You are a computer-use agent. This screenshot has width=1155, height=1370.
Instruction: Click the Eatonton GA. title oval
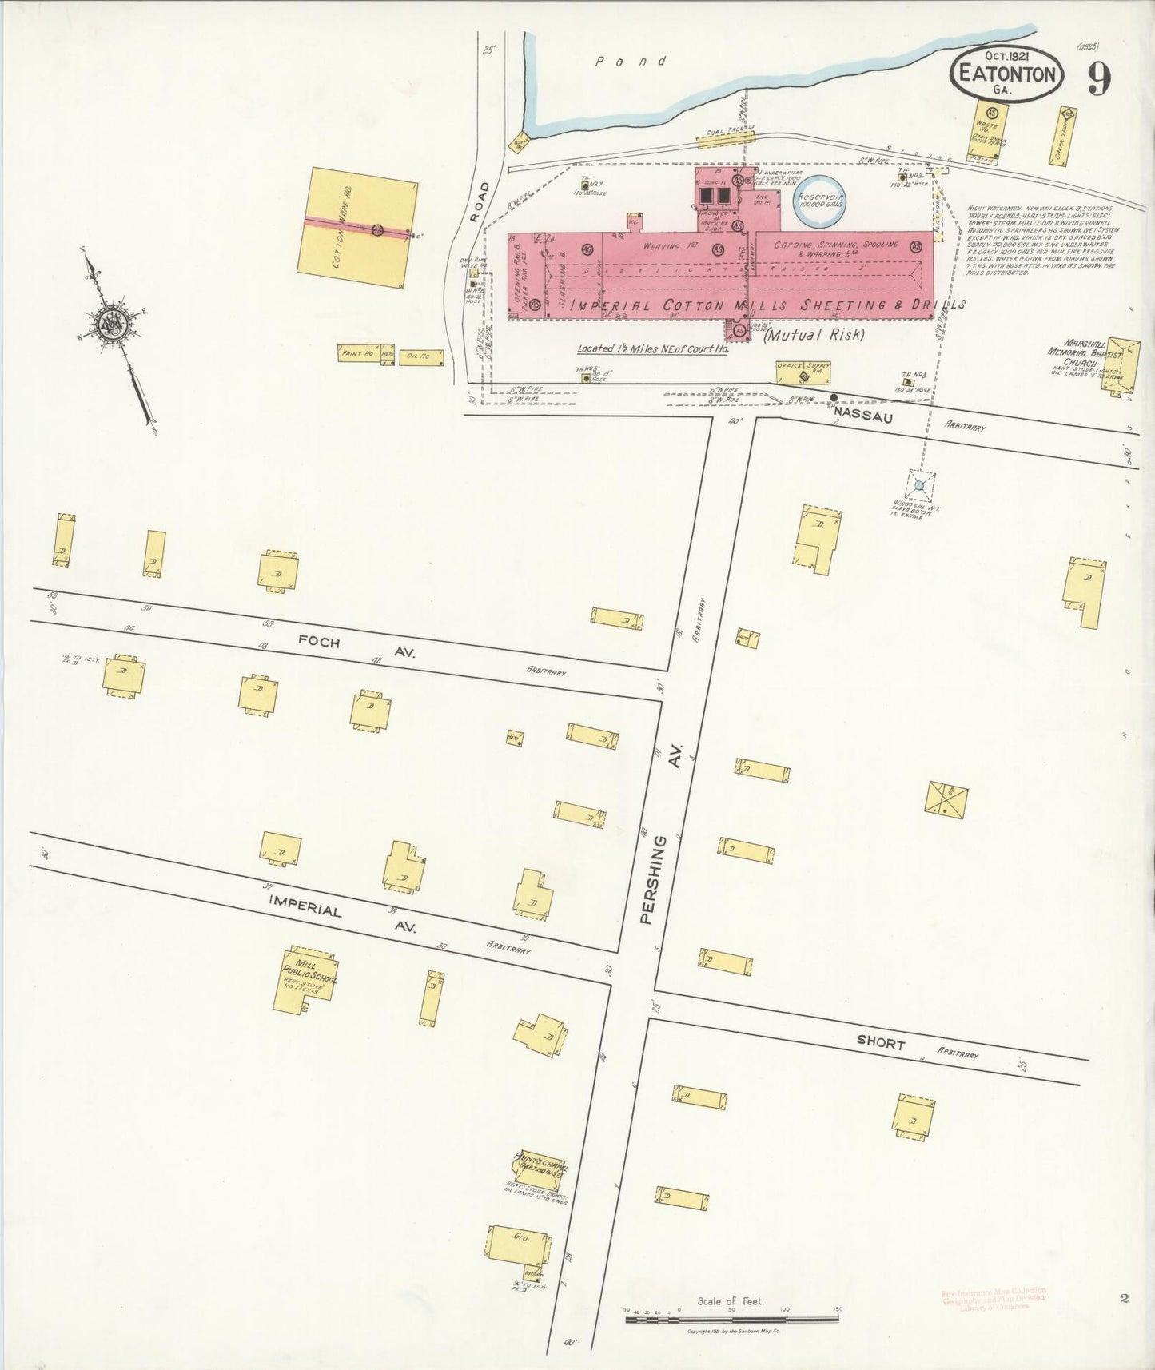click(x=1006, y=74)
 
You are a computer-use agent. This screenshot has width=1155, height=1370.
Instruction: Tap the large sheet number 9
click(x=1099, y=78)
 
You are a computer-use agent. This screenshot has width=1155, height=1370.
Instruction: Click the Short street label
click(x=880, y=1043)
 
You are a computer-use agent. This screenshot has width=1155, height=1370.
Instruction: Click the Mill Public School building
click(x=306, y=979)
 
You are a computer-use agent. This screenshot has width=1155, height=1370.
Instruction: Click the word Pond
click(x=631, y=61)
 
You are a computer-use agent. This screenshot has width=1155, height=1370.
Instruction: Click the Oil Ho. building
click(x=420, y=356)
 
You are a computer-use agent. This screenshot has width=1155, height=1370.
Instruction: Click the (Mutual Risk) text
click(x=814, y=335)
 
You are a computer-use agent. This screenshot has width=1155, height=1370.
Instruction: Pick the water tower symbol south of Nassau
click(x=919, y=484)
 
